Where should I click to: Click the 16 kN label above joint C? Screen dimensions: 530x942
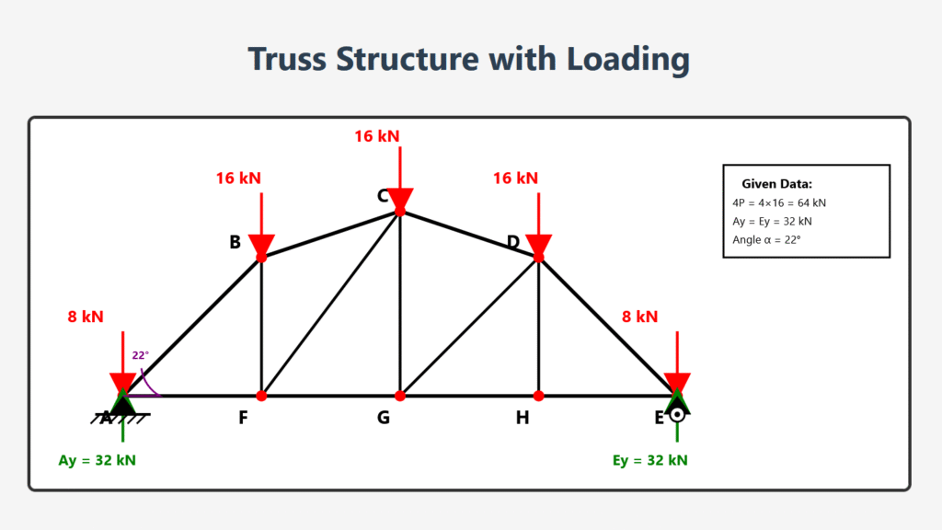(x=377, y=136)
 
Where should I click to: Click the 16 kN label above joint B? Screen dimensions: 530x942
(x=238, y=179)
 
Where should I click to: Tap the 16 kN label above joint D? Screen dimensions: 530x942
(x=515, y=179)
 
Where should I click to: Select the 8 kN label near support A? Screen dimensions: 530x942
(x=86, y=317)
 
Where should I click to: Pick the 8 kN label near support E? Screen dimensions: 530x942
(x=639, y=317)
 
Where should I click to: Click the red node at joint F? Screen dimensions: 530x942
(x=261, y=396)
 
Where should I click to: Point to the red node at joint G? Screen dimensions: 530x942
(x=400, y=396)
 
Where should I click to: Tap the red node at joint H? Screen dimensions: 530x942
(x=539, y=396)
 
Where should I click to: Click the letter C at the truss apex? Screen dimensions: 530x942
(x=382, y=196)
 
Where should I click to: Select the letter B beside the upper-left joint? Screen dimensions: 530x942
(x=235, y=242)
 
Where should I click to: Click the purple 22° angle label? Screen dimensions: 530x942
(x=140, y=355)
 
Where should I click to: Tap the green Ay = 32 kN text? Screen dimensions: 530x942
(x=97, y=460)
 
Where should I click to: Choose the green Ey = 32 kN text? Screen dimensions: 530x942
(x=649, y=460)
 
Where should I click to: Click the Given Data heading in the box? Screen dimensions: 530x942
(x=776, y=184)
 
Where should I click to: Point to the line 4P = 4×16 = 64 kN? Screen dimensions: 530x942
(x=779, y=202)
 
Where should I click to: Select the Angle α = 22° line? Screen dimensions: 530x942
(x=766, y=239)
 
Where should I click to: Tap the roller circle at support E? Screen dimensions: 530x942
(x=678, y=414)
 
